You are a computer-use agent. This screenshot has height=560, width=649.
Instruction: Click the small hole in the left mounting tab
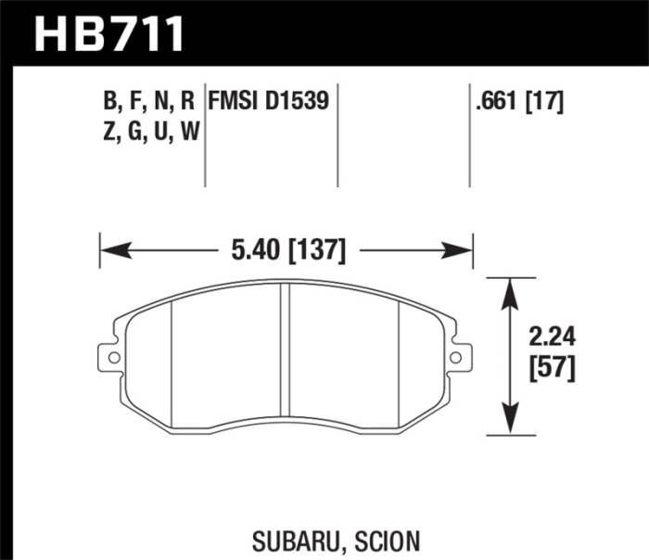(114, 358)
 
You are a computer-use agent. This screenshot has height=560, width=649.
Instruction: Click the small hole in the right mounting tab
(455, 358)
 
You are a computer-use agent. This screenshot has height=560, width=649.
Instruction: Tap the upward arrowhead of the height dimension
(508, 289)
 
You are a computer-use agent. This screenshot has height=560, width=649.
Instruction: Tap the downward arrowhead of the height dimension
(508, 422)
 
